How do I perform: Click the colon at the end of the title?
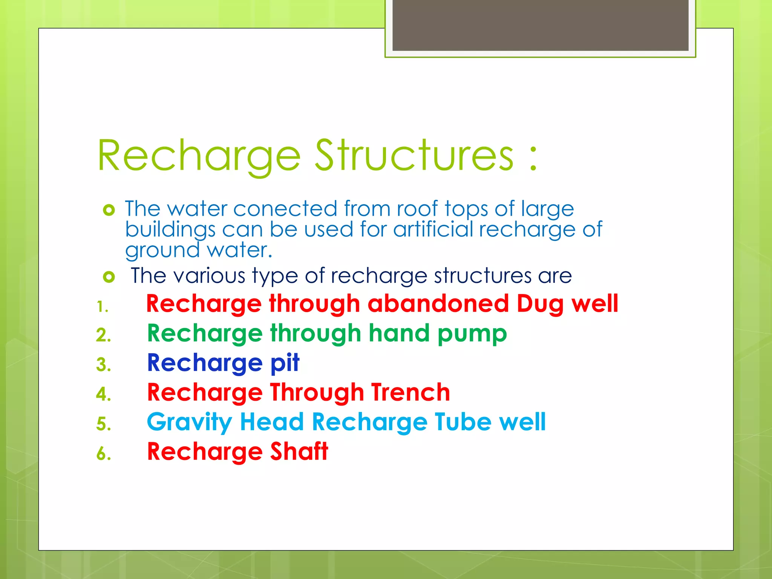pyautogui.click(x=533, y=158)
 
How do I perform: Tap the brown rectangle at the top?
pyautogui.click(x=540, y=25)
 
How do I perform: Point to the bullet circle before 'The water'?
pyautogui.click(x=109, y=210)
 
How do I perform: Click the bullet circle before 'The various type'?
pyautogui.click(x=109, y=277)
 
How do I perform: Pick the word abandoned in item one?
pyautogui.click(x=438, y=303)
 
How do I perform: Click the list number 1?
pyautogui.click(x=102, y=306)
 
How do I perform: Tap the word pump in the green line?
pyautogui.click(x=472, y=334)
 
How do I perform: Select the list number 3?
pyautogui.click(x=103, y=365)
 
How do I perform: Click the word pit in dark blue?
pyautogui.click(x=285, y=363)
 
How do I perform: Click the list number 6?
pyautogui.click(x=103, y=453)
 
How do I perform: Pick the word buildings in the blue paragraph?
pyautogui.click(x=170, y=230)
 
